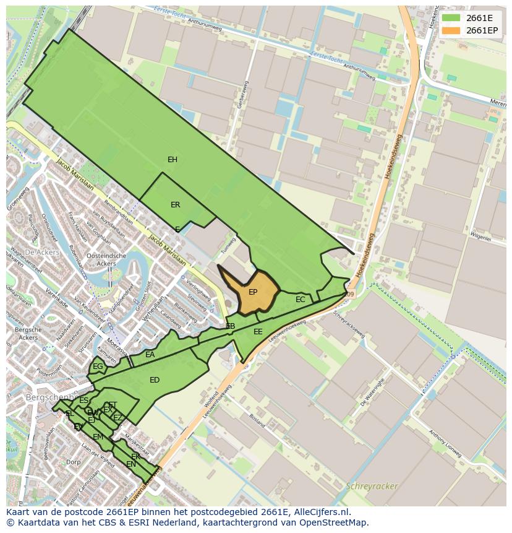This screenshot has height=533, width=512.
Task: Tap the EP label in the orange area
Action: click(253, 292)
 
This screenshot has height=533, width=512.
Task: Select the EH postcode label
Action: click(173, 160)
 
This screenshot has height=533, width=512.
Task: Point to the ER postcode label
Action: click(176, 205)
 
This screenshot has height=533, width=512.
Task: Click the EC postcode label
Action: click(301, 300)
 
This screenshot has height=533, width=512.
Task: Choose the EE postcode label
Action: click(258, 332)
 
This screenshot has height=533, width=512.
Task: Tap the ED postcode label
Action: click(155, 380)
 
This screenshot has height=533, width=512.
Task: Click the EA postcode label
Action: click(150, 355)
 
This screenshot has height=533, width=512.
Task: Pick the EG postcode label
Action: click(98, 366)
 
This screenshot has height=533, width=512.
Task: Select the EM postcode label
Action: click(98, 437)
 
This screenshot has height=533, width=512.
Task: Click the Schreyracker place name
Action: click(372, 486)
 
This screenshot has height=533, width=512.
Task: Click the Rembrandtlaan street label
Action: click(118, 212)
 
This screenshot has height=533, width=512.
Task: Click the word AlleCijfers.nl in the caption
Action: click(322, 512)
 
